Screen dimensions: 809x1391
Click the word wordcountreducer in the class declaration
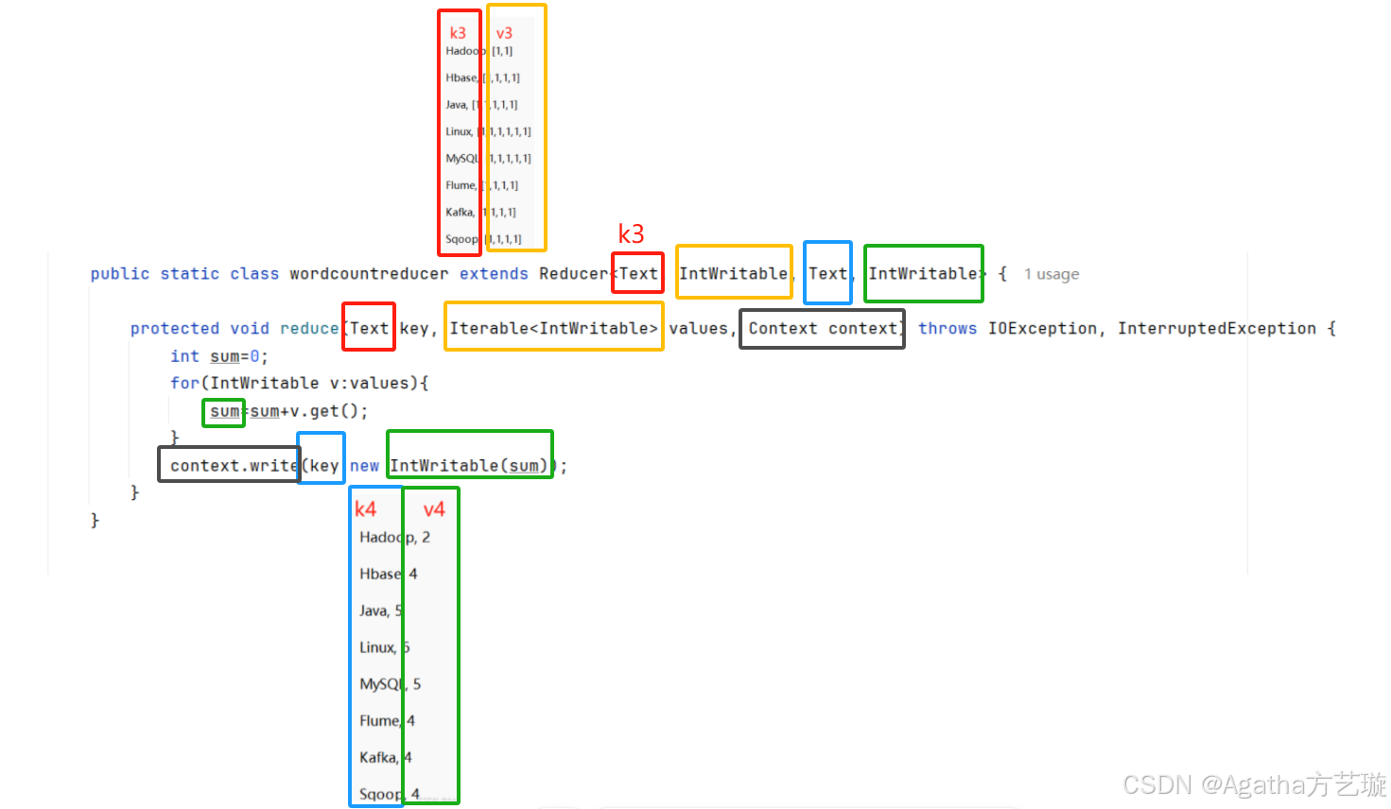(369, 274)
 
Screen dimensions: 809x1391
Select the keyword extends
(494, 274)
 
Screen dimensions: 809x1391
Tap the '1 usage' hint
(1051, 275)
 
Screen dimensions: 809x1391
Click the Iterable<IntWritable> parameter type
(553, 328)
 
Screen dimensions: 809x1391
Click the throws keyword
(947, 329)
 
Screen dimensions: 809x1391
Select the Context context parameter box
(822, 329)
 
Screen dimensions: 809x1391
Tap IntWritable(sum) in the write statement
(468, 466)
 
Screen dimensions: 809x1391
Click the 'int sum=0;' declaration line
(218, 356)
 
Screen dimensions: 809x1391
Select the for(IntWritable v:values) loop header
(299, 384)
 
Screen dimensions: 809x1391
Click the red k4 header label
(365, 509)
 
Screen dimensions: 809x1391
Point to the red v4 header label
(434, 510)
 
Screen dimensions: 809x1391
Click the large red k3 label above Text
(631, 233)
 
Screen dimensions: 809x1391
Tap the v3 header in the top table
(504, 33)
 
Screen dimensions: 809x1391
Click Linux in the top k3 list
(459, 131)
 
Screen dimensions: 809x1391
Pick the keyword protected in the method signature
(174, 329)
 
